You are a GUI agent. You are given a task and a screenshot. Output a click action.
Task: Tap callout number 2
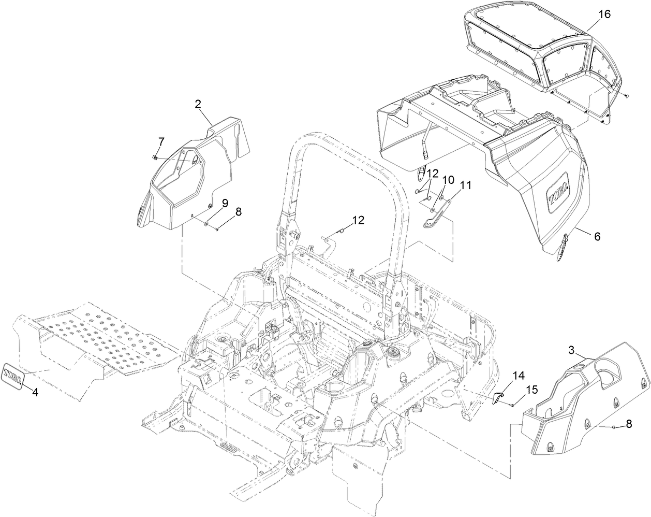click(198, 104)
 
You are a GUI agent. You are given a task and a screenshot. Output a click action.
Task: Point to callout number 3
click(572, 350)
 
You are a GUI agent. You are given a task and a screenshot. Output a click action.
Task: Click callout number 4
click(35, 392)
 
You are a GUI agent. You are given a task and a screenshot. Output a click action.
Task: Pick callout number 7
click(161, 140)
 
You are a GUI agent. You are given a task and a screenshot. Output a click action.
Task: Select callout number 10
click(448, 180)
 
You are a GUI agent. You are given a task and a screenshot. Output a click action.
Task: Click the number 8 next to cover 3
click(628, 424)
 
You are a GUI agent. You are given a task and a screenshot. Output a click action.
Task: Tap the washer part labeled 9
click(206, 224)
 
